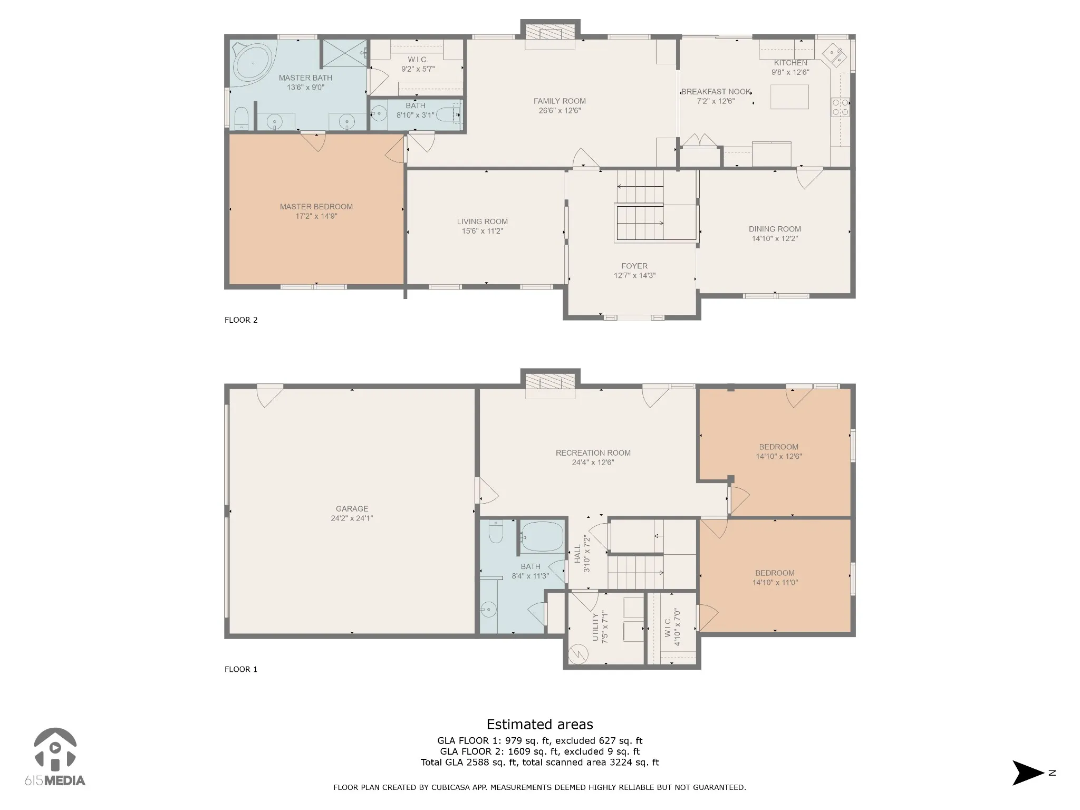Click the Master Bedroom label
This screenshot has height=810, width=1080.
pos(316,207)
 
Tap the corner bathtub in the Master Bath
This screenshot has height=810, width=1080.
pos(252,63)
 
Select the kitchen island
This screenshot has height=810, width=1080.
pos(789,97)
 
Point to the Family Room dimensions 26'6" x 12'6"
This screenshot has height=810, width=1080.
pos(560,111)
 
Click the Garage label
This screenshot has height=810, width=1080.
pos(352,509)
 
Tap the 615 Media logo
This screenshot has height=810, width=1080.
pos(55,757)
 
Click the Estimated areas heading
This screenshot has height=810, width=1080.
pos(539,725)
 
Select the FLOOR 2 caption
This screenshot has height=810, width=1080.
pos(241,320)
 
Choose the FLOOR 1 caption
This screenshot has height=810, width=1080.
pos(241,669)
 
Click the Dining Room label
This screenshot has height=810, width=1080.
pos(775,229)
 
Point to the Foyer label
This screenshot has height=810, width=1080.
pos(634,266)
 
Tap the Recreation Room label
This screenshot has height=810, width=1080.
pos(593,453)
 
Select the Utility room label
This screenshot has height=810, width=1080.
pos(596,627)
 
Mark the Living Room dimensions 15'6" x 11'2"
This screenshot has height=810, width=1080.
pos(483,231)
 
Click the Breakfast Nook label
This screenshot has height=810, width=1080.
pos(716,92)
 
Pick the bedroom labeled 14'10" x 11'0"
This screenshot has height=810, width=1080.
pos(775,575)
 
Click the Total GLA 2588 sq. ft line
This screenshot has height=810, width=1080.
pos(539,763)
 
